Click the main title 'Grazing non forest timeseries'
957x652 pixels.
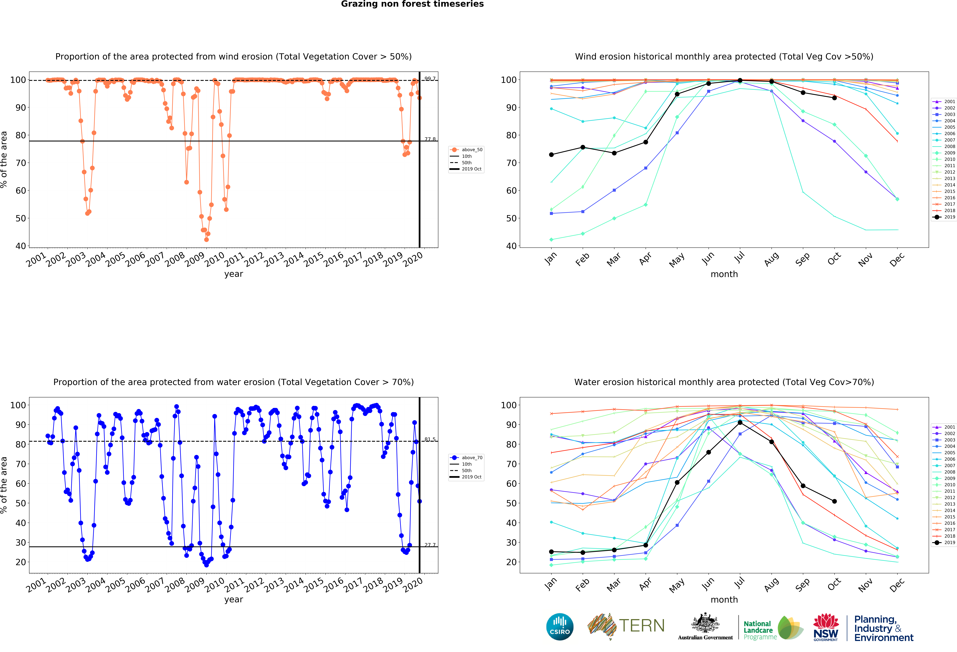click(x=412, y=4)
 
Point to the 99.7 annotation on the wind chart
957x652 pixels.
click(x=430, y=79)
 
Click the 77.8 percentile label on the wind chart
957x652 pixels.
click(x=430, y=139)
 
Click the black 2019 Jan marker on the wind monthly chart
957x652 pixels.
click(x=551, y=155)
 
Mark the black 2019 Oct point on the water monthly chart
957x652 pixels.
click(x=834, y=501)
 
